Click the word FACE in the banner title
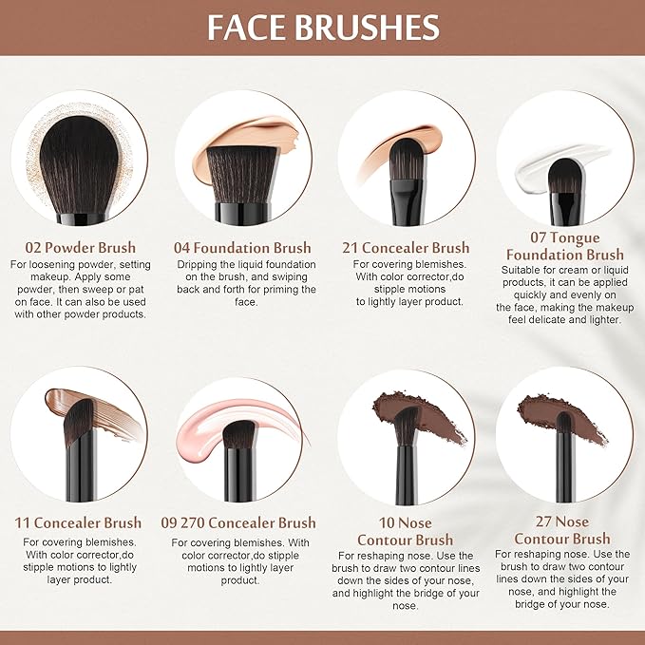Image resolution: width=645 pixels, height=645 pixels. click(x=246, y=28)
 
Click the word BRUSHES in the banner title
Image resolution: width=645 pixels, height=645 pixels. click(x=368, y=28)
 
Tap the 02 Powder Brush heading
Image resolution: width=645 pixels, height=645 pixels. click(x=80, y=247)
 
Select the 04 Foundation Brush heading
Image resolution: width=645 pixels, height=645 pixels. click(x=242, y=248)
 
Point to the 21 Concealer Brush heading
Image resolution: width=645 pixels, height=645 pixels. click(x=406, y=247)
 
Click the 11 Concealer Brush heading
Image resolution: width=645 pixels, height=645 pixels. click(x=78, y=522)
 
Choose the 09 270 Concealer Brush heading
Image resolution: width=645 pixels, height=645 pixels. click(x=238, y=522)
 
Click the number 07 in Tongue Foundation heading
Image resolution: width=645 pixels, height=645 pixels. click(x=539, y=237)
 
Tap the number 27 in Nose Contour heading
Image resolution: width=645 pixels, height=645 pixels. click(x=543, y=522)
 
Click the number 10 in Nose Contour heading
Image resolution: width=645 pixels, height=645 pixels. click(x=387, y=522)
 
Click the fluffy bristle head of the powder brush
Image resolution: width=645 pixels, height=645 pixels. click(x=79, y=164)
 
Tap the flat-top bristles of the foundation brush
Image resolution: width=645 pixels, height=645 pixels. click(x=242, y=175)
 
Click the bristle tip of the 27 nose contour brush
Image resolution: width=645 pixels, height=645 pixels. click(x=564, y=423)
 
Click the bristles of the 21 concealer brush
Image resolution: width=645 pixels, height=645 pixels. click(x=406, y=160)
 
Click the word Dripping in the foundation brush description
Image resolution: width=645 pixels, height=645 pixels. click(x=199, y=264)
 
